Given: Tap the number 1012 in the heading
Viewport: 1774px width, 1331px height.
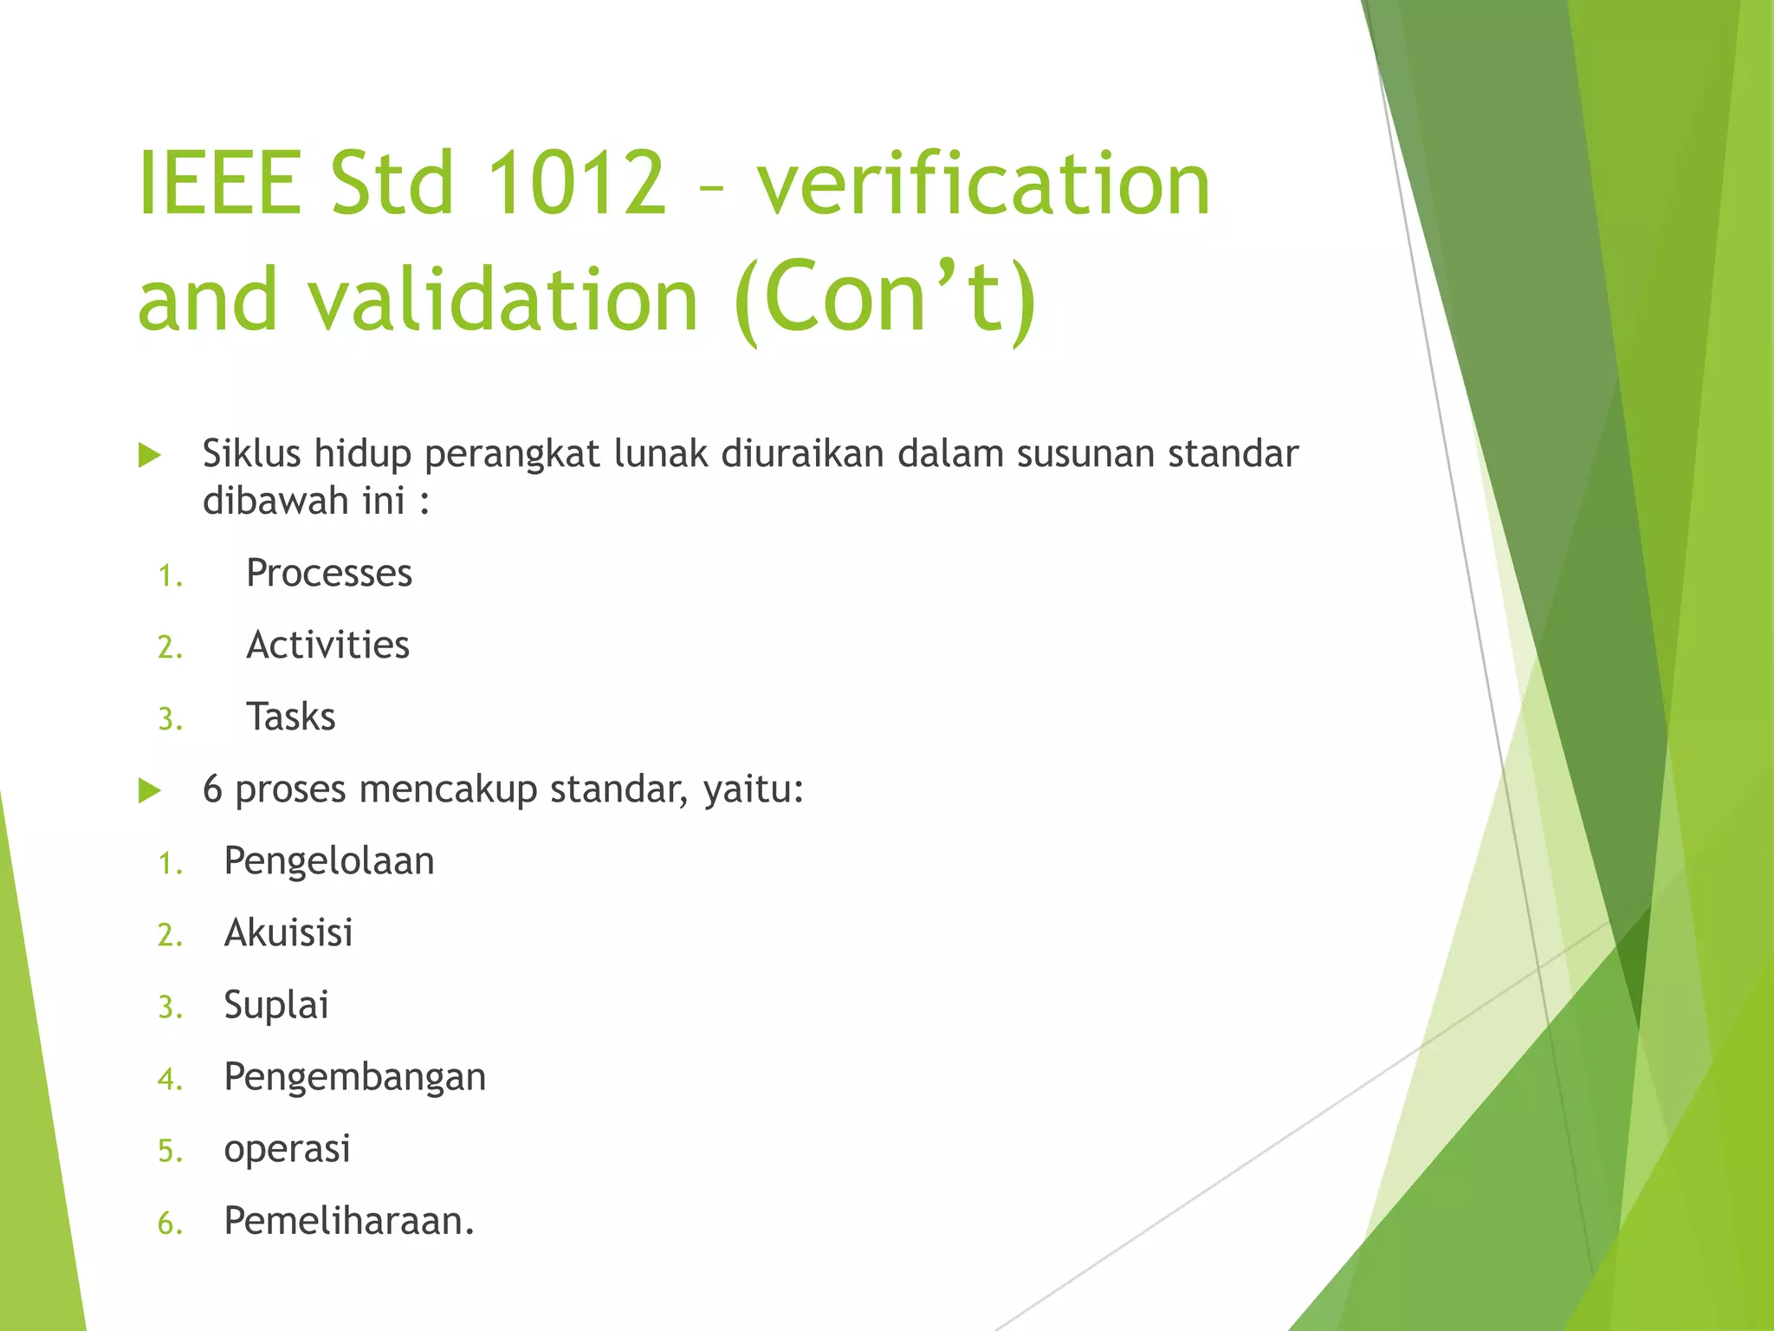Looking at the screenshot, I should coord(576,183).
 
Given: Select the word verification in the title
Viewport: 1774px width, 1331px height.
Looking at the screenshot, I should coord(984,183).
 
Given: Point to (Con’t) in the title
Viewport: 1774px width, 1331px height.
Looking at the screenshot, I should coord(884,299).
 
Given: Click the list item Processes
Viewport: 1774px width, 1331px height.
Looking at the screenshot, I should coord(329,573).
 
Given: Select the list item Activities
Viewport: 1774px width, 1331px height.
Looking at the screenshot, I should coord(327,645).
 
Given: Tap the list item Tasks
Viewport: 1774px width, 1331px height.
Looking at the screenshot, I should coord(291,717).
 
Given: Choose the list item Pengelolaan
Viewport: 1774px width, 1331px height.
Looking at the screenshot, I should coord(329,861).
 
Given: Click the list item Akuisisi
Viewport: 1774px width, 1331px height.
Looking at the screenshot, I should coord(288,933).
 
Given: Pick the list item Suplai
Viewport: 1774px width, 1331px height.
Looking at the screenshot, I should coord(276,1005).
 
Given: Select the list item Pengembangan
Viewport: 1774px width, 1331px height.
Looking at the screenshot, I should coord(355,1077).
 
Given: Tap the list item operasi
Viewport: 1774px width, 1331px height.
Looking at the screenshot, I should coord(287,1149).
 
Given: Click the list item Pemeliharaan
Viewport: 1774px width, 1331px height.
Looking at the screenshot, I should coord(349,1221).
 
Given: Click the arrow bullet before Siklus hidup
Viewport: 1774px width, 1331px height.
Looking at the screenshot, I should coord(150,455).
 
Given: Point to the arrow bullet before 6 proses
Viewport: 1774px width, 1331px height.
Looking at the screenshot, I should coord(150,790).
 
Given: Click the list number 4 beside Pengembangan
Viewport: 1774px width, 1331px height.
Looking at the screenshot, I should coord(169,1080).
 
